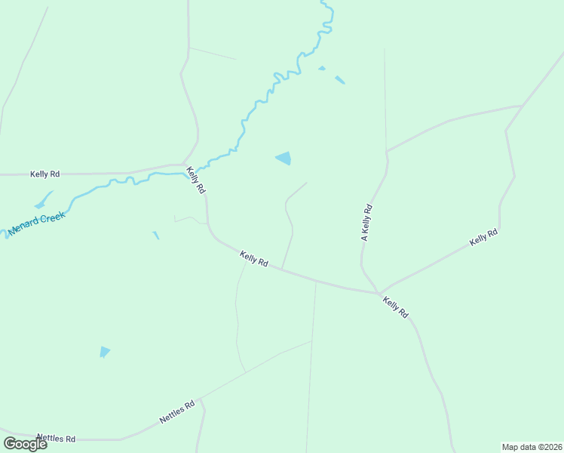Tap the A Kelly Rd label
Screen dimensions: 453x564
(366, 223)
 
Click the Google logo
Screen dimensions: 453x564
(25, 444)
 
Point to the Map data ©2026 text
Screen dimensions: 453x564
(531, 447)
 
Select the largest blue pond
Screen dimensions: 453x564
(284, 158)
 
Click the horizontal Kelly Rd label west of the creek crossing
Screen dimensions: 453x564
(45, 174)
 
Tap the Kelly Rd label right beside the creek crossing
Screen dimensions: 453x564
(196, 181)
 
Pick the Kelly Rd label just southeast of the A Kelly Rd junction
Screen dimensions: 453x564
(395, 307)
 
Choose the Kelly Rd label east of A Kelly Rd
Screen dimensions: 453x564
(483, 237)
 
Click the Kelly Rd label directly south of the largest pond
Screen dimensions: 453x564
(254, 259)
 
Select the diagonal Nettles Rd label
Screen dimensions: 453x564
(177, 411)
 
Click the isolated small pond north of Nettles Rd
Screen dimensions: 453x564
(104, 351)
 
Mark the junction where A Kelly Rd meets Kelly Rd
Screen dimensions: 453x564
(379, 293)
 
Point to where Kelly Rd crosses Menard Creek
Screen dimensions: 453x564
(187, 174)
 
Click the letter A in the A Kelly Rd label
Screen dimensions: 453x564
(363, 239)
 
